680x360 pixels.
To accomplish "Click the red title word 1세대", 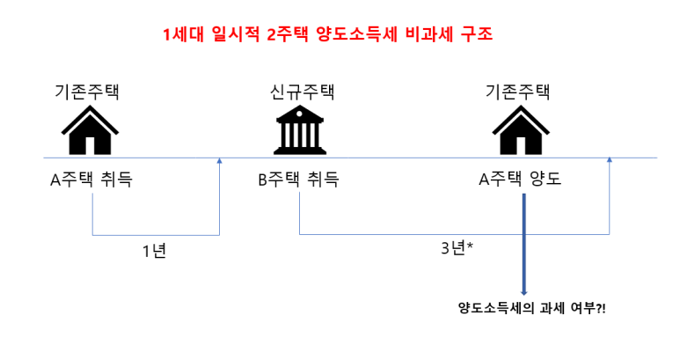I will (x=182, y=36).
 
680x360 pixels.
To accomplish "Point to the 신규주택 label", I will (x=302, y=92).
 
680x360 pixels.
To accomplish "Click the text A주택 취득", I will (x=91, y=180).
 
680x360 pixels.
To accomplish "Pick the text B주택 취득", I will (x=298, y=180).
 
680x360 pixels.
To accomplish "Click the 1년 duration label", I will (x=154, y=251).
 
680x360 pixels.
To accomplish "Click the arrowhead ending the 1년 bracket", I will (x=219, y=162).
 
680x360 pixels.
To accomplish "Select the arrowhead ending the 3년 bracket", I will (x=609, y=162).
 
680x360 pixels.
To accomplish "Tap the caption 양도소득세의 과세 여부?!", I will (x=532, y=307).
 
